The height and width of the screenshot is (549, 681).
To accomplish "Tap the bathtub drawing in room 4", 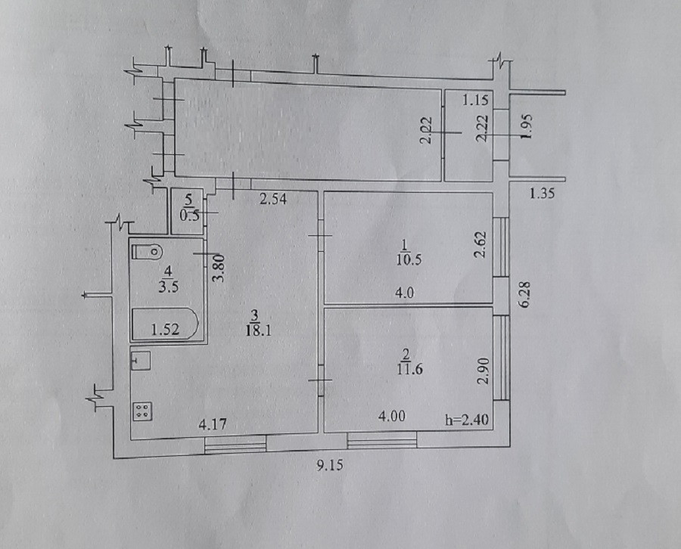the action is [x=165, y=324].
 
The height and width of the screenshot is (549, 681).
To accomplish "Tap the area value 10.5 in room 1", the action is [x=406, y=255].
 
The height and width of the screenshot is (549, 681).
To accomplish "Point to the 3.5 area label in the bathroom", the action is [x=167, y=287].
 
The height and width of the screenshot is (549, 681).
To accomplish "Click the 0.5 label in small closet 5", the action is [x=189, y=214].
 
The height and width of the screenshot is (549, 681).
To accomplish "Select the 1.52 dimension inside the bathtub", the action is [x=163, y=328].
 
